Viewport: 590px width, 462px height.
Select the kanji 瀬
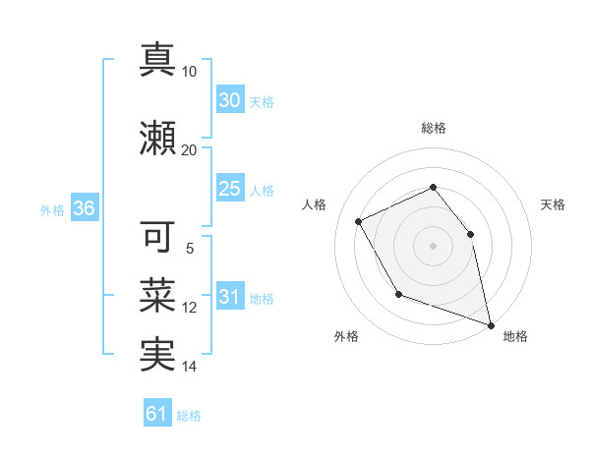point(157,139)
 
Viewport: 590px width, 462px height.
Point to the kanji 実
point(157,356)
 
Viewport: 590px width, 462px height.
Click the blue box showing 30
point(229,100)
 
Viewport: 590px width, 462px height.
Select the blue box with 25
point(229,189)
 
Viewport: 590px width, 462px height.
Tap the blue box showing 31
point(229,297)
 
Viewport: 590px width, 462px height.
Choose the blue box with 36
point(84,208)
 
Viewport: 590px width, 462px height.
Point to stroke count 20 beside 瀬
point(190,149)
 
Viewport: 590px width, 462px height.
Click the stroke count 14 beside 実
point(190,367)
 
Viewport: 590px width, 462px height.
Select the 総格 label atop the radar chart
point(433,128)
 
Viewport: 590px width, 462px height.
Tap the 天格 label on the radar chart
point(553,204)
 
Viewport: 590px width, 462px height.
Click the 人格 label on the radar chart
point(314,204)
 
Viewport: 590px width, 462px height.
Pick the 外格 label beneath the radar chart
point(346,336)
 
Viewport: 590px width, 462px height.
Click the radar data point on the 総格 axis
point(433,187)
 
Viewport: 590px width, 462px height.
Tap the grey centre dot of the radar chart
point(433,245)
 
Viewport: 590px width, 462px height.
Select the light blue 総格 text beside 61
point(189,415)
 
